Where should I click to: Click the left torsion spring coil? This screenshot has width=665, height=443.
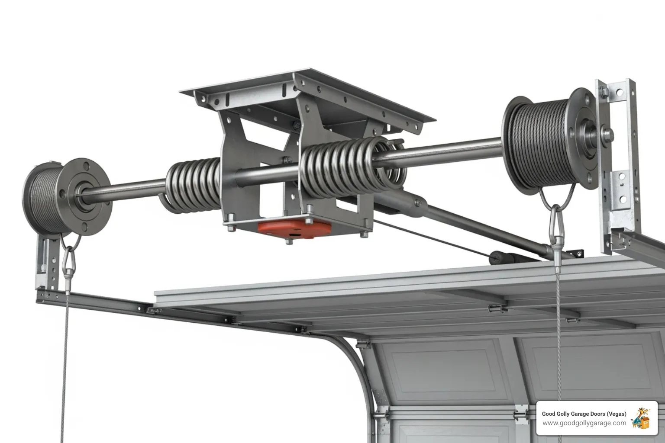coord(193,184)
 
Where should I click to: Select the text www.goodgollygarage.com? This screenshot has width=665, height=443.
coord(584,423)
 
